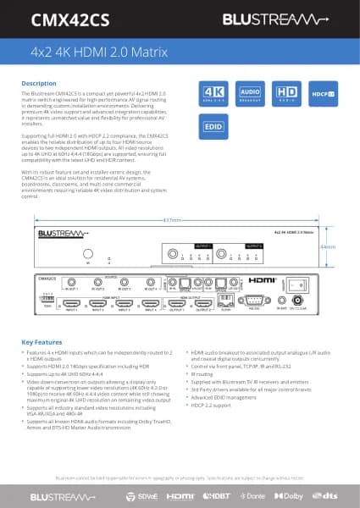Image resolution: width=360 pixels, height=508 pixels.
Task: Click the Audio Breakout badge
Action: (x=249, y=93)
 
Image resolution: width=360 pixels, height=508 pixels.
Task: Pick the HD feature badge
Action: (x=285, y=93)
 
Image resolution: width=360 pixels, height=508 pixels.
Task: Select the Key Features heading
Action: (x=42, y=341)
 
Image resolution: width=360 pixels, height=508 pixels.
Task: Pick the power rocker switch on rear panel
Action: (x=299, y=284)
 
